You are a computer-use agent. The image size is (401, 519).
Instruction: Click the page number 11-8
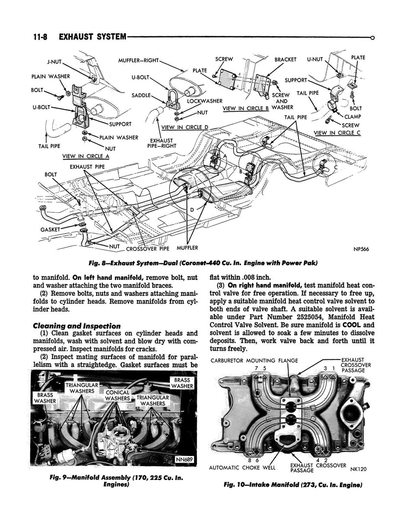(x=40, y=37)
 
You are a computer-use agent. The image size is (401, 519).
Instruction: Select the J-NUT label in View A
(x=55, y=61)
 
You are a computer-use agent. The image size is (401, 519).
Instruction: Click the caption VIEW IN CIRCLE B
(x=246, y=108)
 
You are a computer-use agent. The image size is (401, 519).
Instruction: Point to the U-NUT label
(x=315, y=59)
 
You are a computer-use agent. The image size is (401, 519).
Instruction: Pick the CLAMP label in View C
(x=353, y=116)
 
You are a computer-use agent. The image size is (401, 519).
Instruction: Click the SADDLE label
(x=141, y=95)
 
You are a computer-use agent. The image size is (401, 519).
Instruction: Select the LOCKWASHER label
(x=205, y=101)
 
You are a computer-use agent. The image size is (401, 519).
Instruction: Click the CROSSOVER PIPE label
(x=148, y=249)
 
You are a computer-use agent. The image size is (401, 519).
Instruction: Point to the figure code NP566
(x=360, y=249)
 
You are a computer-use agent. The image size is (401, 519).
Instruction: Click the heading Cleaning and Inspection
(x=77, y=326)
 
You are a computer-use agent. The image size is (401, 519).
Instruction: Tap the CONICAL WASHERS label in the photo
(x=118, y=395)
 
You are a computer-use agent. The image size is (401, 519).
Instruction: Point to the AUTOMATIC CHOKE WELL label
(x=242, y=468)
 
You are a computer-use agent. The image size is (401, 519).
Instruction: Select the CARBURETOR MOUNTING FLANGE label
(x=254, y=361)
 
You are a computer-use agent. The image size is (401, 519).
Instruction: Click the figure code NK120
(x=358, y=468)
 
